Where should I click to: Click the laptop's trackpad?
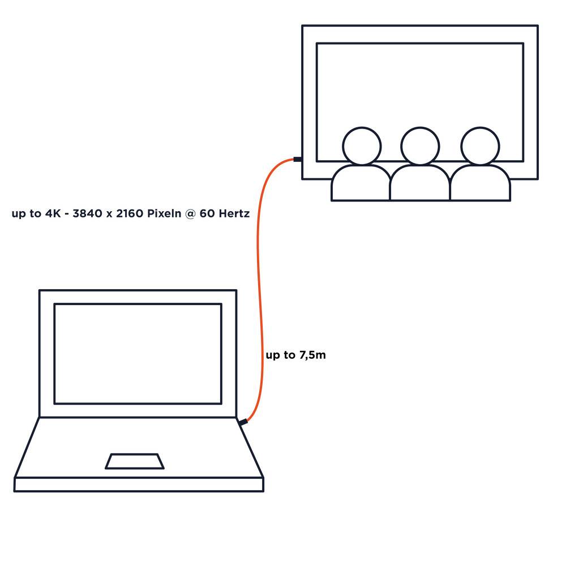click(x=135, y=461)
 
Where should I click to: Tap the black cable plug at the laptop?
click(x=243, y=422)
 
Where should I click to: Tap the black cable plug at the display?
click(x=298, y=159)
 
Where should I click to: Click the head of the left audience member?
click(x=362, y=146)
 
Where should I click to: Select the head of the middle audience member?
click(x=420, y=146)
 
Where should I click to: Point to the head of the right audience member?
click(x=480, y=146)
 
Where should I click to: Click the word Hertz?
click(x=234, y=213)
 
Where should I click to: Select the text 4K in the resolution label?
click(x=53, y=213)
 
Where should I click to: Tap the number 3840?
click(x=87, y=213)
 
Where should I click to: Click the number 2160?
click(x=130, y=213)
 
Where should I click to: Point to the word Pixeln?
click(x=164, y=213)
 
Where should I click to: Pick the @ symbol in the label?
click(x=190, y=214)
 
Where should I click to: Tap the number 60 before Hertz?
click(x=207, y=213)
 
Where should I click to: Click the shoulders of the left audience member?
click(x=361, y=183)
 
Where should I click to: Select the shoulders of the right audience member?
click(x=480, y=183)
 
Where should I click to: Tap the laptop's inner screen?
click(x=138, y=354)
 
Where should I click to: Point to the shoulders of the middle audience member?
click(x=420, y=183)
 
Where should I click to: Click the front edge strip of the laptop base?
click(x=139, y=484)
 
